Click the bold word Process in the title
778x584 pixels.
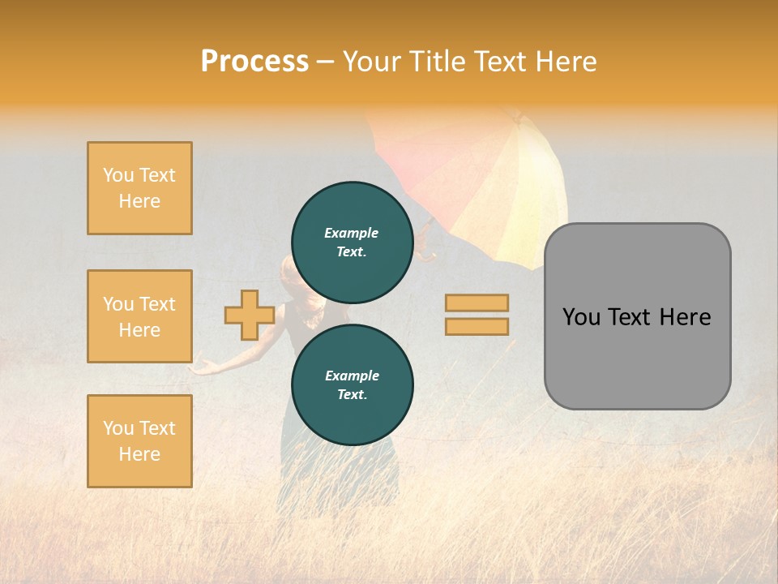tap(254, 62)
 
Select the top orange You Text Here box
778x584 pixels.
tap(139, 188)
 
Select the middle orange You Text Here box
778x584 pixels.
tap(139, 316)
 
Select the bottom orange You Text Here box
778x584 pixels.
tap(139, 441)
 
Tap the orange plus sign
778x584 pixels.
tap(249, 315)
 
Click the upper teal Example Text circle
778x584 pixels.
tap(352, 243)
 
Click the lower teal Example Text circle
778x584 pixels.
tap(352, 385)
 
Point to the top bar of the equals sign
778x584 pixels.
tap(477, 303)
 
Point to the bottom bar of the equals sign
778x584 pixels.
tap(477, 326)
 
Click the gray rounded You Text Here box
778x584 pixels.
tap(637, 316)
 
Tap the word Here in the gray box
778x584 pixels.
tap(685, 317)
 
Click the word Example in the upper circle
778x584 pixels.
tap(351, 233)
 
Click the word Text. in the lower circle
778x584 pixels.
tap(352, 395)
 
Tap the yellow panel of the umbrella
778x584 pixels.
tap(531, 195)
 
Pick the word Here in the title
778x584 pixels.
tap(565, 62)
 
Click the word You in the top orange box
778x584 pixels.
tap(118, 175)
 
